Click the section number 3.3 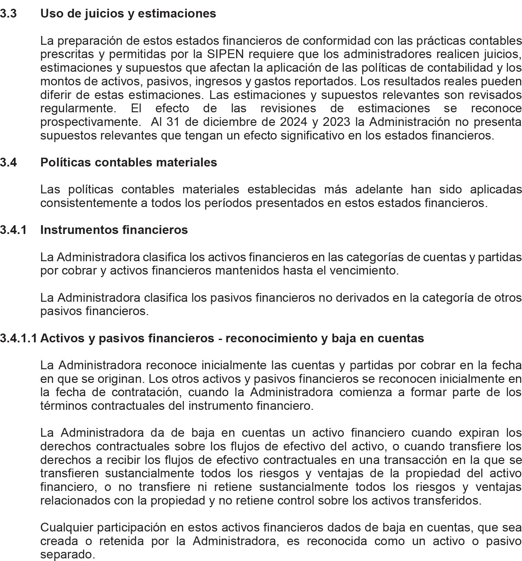[x=8, y=14]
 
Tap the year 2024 [x=293, y=122]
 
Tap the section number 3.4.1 [x=13, y=230]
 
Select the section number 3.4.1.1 [x=19, y=338]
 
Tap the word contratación [x=147, y=392]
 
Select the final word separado [x=67, y=555]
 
